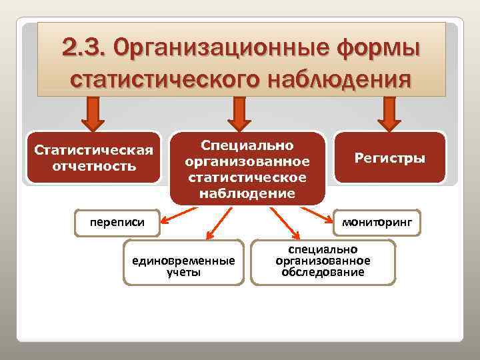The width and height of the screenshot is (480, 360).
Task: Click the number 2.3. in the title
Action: click(83, 47)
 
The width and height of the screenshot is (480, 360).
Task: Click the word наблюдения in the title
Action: click(339, 81)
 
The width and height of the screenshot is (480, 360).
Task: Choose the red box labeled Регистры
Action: click(389, 158)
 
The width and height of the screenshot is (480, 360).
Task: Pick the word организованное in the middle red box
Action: click(247, 161)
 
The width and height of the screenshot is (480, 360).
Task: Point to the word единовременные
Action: click(184, 261)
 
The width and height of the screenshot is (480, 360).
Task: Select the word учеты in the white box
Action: click(184, 272)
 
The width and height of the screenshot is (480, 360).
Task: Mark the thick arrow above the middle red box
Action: click(240, 113)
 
